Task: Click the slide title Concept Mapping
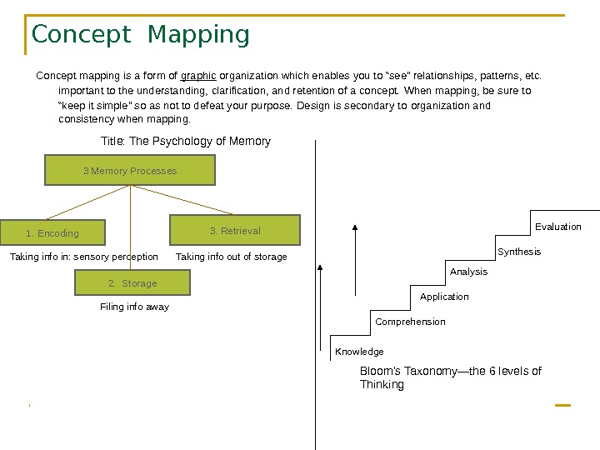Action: coord(140,35)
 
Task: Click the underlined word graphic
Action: coord(198,77)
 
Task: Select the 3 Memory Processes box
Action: coord(130,171)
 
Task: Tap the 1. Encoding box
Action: coord(52,233)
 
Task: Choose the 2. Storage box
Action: coord(132,283)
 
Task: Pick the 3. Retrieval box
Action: coord(235,231)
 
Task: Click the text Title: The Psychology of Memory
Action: coord(186,141)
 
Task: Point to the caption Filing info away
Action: coord(134,307)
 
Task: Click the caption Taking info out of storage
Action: coord(232,257)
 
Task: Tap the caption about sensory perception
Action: coord(83,257)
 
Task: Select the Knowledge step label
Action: coord(359,352)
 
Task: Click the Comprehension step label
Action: coord(410,322)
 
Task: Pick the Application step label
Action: coord(444,297)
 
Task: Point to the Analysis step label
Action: coord(468,272)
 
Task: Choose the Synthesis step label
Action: coord(519,252)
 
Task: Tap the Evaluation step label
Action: coord(558,227)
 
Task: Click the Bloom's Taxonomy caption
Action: coord(450,377)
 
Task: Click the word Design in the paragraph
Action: coord(312,106)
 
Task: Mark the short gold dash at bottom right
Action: coord(562,405)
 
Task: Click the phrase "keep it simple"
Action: coord(92,106)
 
